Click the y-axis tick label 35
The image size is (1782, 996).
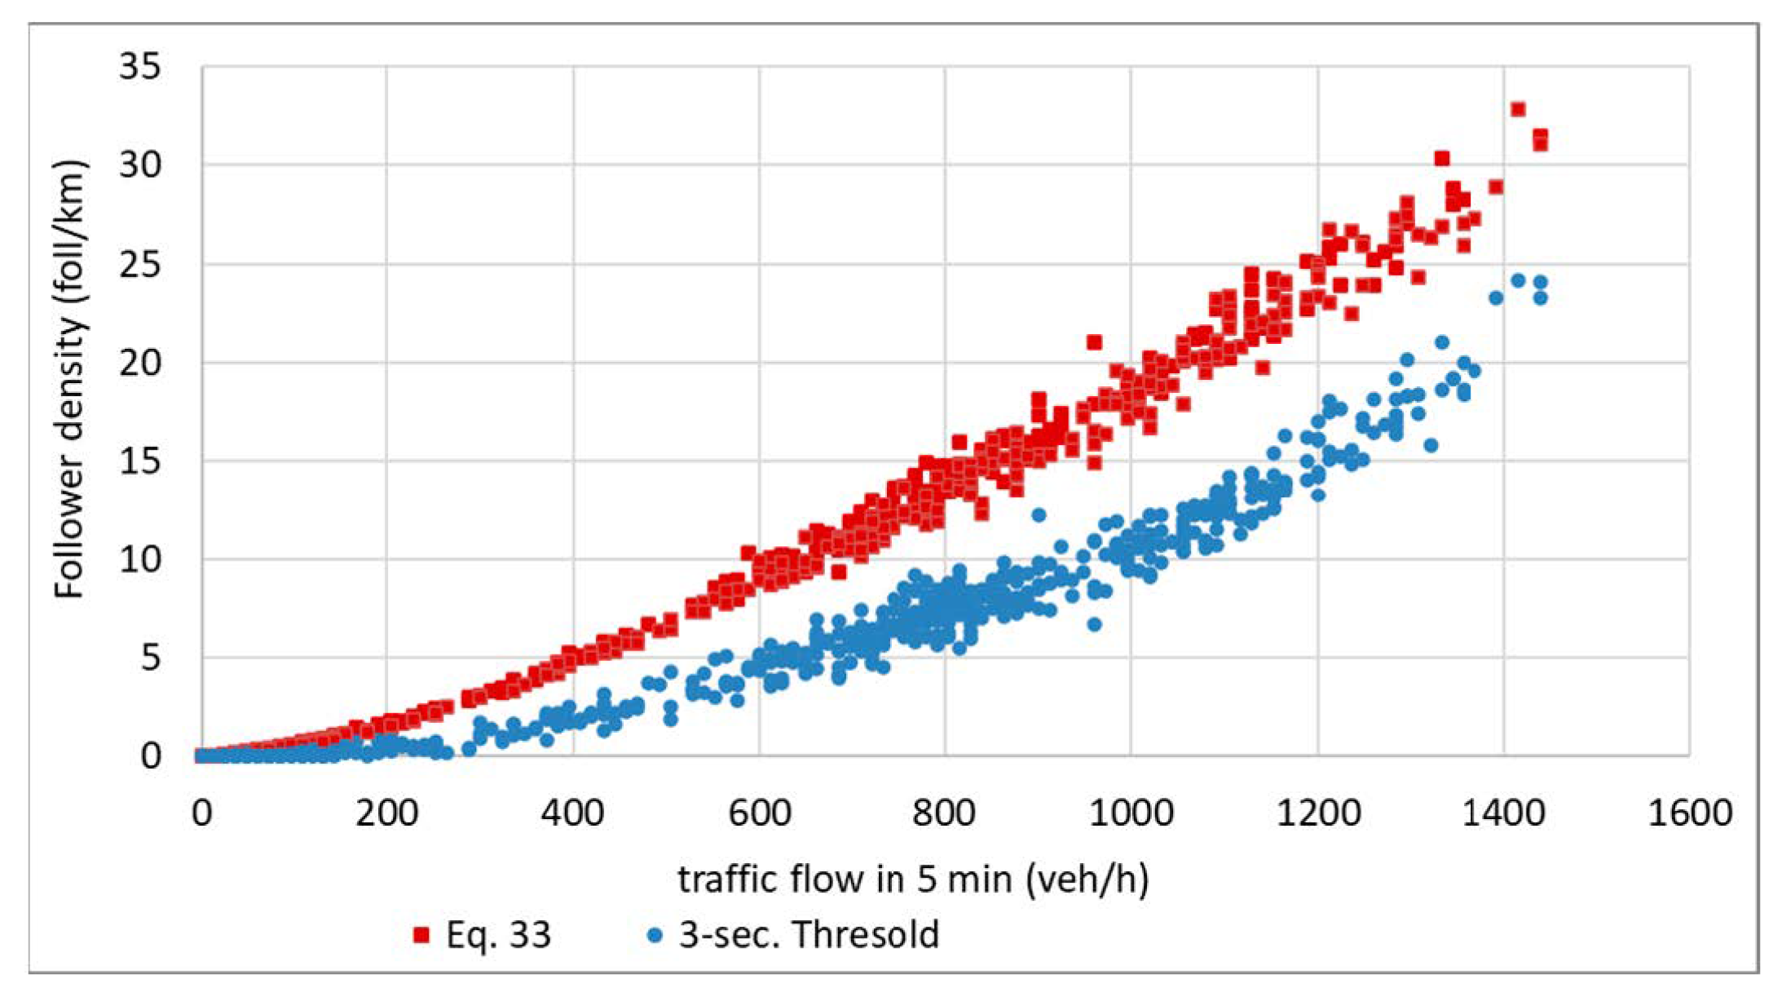pyautogui.click(x=139, y=67)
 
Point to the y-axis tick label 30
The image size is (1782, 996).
pyautogui.click(x=139, y=165)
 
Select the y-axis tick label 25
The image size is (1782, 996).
pyautogui.click(x=139, y=264)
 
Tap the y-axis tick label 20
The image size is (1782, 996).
pyautogui.click(x=139, y=363)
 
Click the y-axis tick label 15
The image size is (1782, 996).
pyautogui.click(x=139, y=461)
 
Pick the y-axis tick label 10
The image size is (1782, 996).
pyautogui.click(x=139, y=560)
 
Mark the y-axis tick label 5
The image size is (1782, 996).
pyautogui.click(x=150, y=658)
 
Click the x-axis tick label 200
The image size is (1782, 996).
pyautogui.click(x=386, y=813)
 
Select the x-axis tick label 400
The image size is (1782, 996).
pyautogui.click(x=572, y=813)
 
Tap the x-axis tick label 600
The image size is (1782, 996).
pyautogui.click(x=759, y=813)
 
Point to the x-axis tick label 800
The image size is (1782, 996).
pyautogui.click(x=945, y=813)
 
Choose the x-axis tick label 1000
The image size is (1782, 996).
pyautogui.click(x=1131, y=813)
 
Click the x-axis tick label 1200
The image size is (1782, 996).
pyautogui.click(x=1317, y=813)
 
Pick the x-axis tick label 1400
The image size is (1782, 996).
pyautogui.click(x=1503, y=813)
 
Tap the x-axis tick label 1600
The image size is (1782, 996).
pyautogui.click(x=1689, y=813)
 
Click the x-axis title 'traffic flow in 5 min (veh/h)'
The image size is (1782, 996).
pyautogui.click(x=914, y=879)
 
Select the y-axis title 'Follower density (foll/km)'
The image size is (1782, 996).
pyautogui.click(x=70, y=379)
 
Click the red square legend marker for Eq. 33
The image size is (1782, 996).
pyautogui.click(x=421, y=935)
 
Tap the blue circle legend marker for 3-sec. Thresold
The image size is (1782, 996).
pyautogui.click(x=654, y=935)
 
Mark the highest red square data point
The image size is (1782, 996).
pyautogui.click(x=1518, y=109)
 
